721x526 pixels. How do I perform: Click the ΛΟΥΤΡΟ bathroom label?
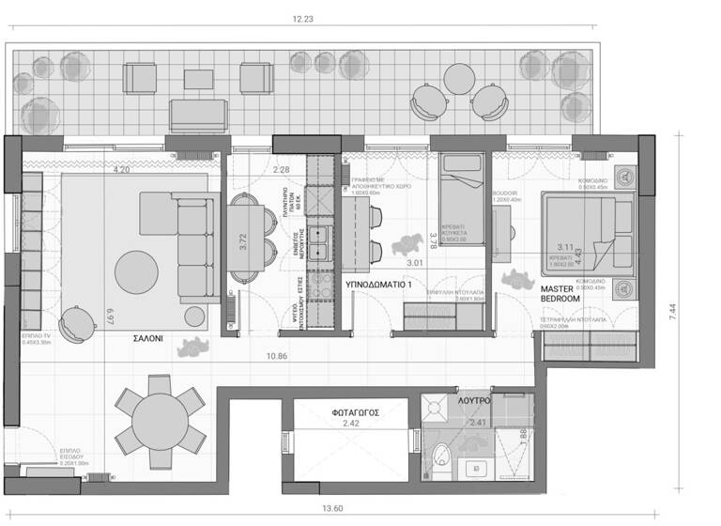pos(474,399)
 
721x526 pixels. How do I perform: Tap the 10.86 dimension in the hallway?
pos(276,357)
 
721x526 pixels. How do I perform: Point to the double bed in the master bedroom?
pos(588,234)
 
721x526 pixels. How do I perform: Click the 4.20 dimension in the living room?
pos(121,170)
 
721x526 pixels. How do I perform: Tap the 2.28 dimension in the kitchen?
pos(281,170)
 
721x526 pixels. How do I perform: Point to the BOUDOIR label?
pos(505,193)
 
